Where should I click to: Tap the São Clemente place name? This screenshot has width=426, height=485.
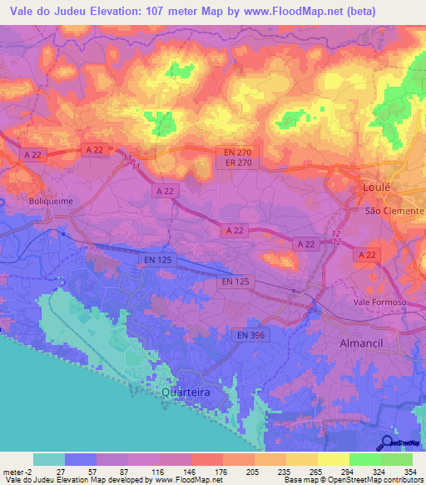coord(395,212)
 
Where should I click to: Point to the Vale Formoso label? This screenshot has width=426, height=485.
coord(379,302)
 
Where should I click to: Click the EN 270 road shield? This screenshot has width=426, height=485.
coord(244,152)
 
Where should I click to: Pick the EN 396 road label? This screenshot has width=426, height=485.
coord(251,335)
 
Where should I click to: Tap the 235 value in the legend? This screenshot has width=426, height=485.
coord(287,471)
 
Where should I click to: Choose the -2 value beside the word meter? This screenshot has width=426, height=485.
coord(29,471)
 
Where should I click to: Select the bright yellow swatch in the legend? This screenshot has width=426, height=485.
coord(334,459)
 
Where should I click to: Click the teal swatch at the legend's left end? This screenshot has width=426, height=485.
coord(49,459)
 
